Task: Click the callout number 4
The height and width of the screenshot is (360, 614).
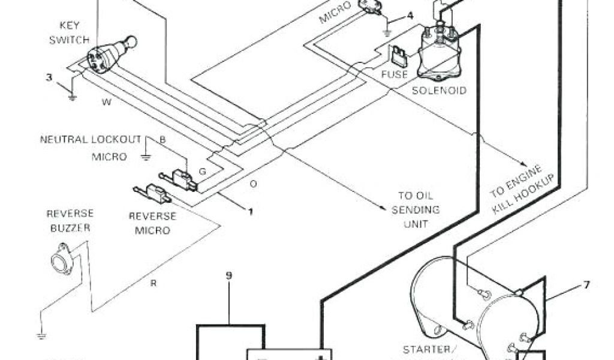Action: click(x=410, y=15)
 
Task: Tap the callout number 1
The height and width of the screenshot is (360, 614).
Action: click(x=250, y=211)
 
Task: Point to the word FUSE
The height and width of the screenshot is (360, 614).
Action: click(x=394, y=75)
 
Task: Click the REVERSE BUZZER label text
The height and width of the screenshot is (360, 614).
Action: click(x=70, y=220)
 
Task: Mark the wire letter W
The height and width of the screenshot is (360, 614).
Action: click(x=107, y=102)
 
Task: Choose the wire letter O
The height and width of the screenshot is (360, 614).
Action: click(x=253, y=184)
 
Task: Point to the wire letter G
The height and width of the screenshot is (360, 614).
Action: click(x=203, y=172)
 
